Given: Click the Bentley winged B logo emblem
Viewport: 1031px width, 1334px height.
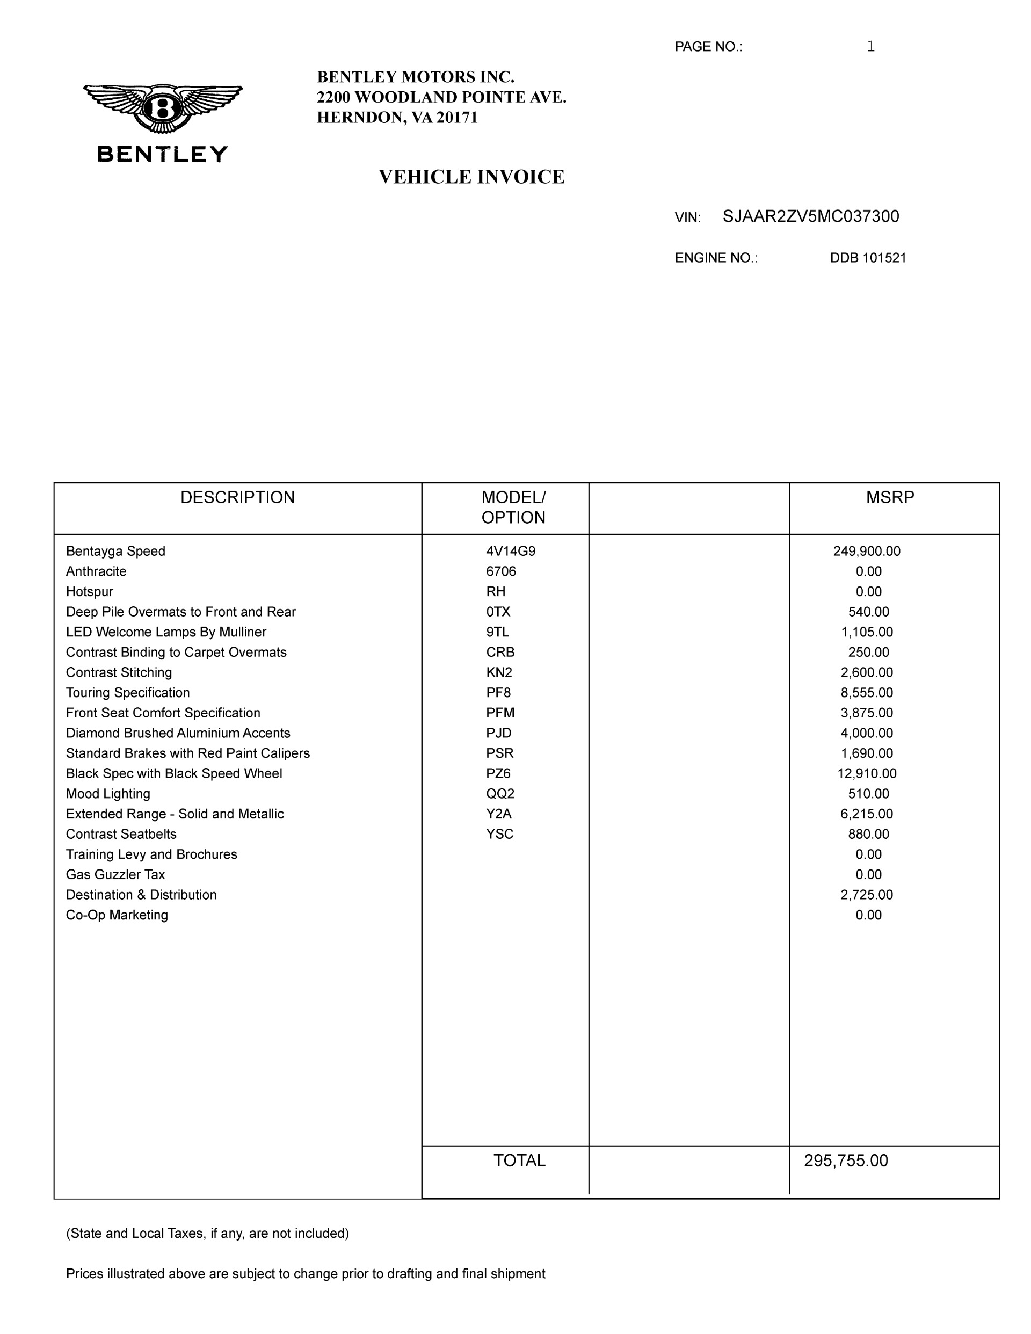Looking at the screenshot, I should point(163,108).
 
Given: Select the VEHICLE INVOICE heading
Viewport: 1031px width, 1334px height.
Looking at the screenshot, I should point(471,177).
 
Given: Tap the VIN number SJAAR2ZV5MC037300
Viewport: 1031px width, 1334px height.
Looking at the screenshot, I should point(810,217).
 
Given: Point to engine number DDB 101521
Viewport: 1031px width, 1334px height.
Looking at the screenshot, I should point(867,258).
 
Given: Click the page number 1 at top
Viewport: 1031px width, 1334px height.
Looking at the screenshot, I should point(870,46).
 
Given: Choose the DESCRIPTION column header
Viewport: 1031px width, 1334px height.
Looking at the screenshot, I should point(237,497).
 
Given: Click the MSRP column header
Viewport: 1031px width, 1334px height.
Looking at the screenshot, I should point(890,497).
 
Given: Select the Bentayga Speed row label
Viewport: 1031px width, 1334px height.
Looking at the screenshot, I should point(115,551).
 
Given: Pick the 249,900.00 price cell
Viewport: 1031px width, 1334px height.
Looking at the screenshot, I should point(866,551).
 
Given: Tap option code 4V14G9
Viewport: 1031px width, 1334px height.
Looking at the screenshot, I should point(511,551).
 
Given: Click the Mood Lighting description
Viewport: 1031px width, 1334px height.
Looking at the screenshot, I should point(108,793).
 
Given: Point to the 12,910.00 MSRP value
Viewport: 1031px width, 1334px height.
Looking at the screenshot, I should point(866,773).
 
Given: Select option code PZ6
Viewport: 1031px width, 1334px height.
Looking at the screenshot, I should point(498,773).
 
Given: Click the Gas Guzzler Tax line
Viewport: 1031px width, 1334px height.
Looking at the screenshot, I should point(115,874).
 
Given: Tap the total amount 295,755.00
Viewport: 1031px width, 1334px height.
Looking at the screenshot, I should point(846,1161).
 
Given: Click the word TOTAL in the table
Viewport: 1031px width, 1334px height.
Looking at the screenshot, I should point(519,1161).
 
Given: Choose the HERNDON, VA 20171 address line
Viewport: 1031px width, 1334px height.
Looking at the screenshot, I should point(397,117).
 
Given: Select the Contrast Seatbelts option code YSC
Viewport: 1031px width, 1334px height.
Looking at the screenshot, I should point(499,833).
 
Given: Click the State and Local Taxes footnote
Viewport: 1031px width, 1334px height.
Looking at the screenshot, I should point(208,1233).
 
